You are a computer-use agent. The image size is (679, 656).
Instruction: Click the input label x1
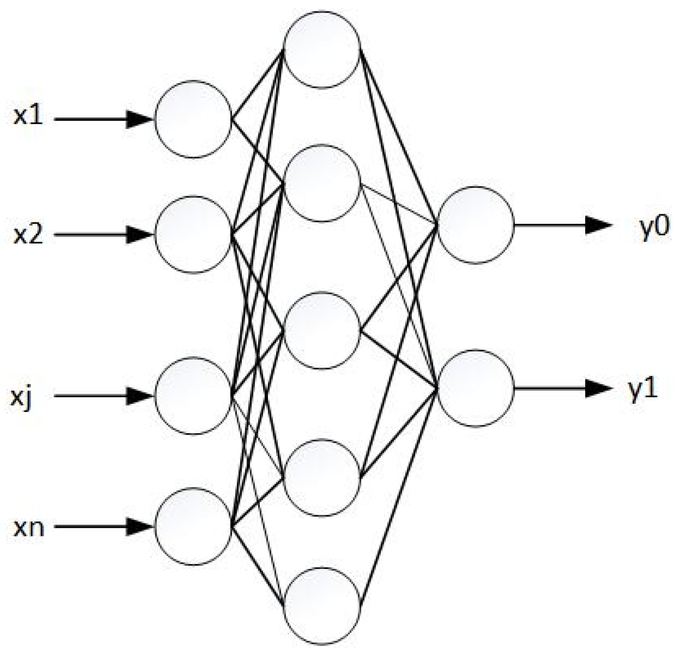(28, 117)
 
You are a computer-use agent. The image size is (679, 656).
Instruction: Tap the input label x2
(28, 235)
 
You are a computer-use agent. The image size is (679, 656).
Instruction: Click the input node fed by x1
(193, 120)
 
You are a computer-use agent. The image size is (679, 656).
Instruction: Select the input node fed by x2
(193, 235)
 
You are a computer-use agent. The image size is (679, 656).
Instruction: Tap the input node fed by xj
(193, 396)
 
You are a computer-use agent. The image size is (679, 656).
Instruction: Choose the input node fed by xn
(193, 526)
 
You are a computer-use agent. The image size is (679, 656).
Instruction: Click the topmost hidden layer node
(322, 49)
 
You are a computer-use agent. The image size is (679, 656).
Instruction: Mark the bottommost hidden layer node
(322, 605)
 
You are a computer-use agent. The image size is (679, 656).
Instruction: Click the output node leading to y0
(476, 224)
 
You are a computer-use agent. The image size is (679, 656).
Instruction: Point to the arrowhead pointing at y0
(598, 225)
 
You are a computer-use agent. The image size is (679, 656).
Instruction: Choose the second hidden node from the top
(322, 183)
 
